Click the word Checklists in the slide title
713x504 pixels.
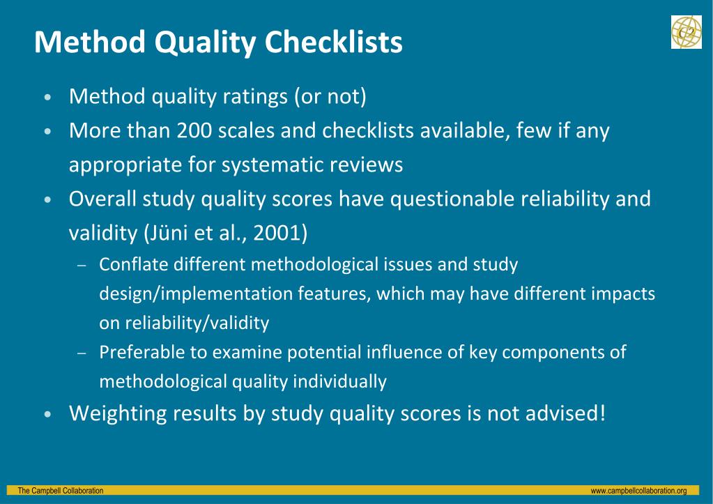pyautogui.click(x=333, y=43)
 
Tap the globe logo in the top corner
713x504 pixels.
pyautogui.click(x=686, y=32)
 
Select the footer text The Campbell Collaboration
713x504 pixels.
pyautogui.click(x=61, y=491)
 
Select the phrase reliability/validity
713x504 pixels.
pyautogui.click(x=197, y=323)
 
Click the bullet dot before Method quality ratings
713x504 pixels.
pyautogui.click(x=47, y=98)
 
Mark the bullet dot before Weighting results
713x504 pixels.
pyautogui.click(x=47, y=415)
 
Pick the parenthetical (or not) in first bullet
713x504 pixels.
pyautogui.click(x=330, y=97)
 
